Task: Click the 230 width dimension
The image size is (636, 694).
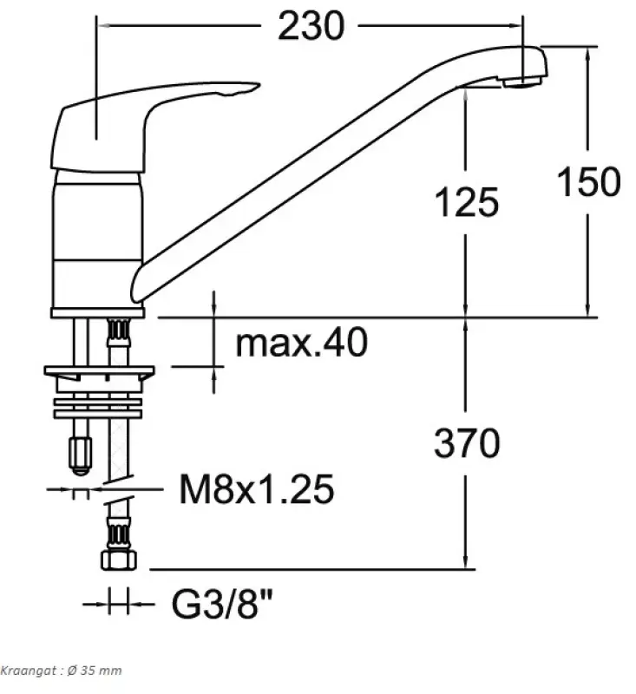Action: pyautogui.click(x=311, y=27)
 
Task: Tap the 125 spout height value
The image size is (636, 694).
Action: pyautogui.click(x=466, y=202)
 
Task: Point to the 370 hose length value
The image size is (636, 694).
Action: pyautogui.click(x=467, y=443)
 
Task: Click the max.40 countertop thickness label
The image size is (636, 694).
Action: pyautogui.click(x=302, y=344)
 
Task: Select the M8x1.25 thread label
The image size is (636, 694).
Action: pyautogui.click(x=256, y=491)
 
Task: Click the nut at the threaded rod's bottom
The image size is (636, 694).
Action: pyautogui.click(x=80, y=451)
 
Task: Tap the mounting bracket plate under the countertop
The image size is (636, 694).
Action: pyautogui.click(x=100, y=374)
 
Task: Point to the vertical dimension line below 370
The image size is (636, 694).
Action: pyautogui.click(x=467, y=520)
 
